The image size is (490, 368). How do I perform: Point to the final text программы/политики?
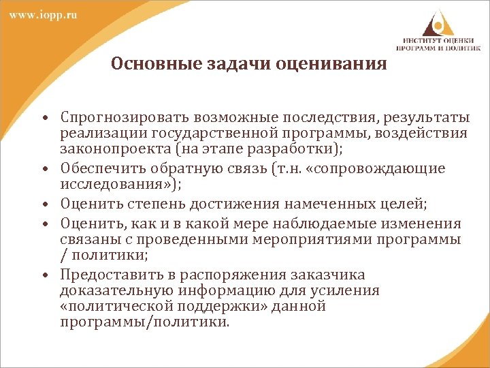(x=144, y=322)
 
